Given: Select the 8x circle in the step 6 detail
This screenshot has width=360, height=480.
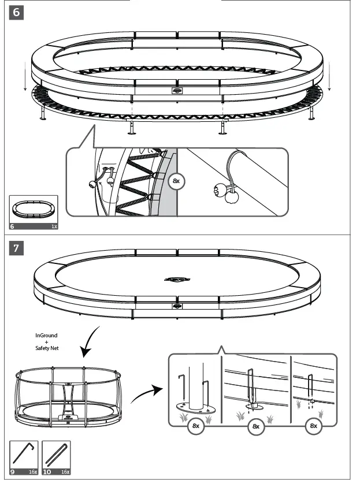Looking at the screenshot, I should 176,181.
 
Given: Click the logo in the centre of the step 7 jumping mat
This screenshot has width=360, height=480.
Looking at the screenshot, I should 177,280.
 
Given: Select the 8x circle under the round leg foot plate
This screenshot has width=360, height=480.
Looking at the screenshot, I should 195,426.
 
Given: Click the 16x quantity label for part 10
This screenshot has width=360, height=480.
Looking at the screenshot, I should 65,456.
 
